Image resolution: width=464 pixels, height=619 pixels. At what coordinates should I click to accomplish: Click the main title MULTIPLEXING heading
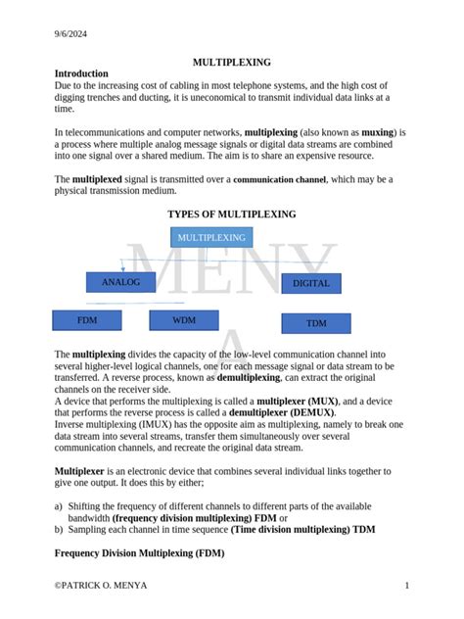click(x=231, y=61)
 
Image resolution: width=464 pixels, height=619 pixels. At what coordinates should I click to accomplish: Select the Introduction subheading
click(x=81, y=73)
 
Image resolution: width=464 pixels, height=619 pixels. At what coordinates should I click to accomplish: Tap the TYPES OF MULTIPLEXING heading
click(x=231, y=214)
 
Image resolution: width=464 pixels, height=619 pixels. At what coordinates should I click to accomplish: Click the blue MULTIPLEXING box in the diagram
click(x=211, y=238)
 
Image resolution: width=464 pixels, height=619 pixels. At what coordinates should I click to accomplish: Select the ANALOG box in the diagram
click(x=121, y=283)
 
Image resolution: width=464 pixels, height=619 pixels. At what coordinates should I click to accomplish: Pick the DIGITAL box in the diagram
click(x=311, y=284)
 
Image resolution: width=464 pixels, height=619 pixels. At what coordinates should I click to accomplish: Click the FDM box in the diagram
click(x=87, y=320)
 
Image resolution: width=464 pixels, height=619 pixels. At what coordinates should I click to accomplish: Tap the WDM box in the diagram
click(x=184, y=320)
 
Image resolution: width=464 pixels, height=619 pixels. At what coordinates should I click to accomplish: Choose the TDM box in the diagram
click(x=316, y=323)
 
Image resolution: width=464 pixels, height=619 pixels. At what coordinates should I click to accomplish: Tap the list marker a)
click(x=59, y=506)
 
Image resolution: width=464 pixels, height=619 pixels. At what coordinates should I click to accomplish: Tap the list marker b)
click(x=59, y=530)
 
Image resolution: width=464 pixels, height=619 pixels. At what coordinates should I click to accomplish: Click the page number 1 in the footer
click(x=406, y=586)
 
